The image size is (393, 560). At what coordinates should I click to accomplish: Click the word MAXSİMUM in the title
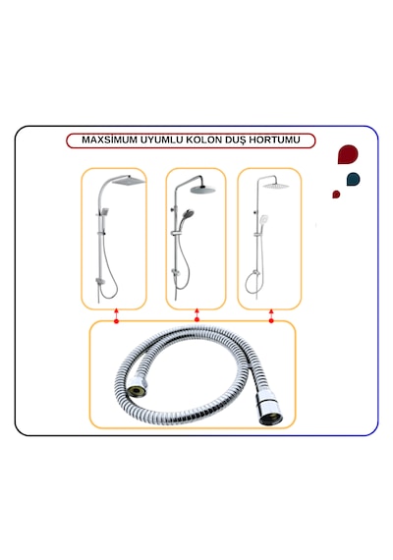[110, 140]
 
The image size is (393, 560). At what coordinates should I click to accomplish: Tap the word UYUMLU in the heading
[162, 140]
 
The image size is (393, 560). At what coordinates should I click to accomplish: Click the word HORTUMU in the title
[274, 140]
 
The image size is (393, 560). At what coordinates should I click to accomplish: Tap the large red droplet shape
[348, 154]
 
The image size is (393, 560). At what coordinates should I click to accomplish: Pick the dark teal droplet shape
[354, 179]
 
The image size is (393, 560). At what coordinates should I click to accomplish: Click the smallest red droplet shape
[336, 195]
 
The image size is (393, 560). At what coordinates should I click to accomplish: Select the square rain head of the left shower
[129, 181]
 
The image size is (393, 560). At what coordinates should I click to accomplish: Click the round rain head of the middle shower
[203, 190]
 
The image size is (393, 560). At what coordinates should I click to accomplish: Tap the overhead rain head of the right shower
[276, 186]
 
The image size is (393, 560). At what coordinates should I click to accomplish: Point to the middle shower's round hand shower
[188, 214]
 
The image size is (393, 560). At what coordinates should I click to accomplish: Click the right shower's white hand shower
[263, 218]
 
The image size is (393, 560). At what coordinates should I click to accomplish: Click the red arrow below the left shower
[116, 315]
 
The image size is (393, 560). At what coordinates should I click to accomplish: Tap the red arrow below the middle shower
[196, 314]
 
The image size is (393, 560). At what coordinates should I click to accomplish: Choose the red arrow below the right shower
[271, 316]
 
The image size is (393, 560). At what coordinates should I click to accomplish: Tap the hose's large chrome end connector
[270, 408]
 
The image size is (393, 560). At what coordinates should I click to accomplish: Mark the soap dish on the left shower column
[100, 281]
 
